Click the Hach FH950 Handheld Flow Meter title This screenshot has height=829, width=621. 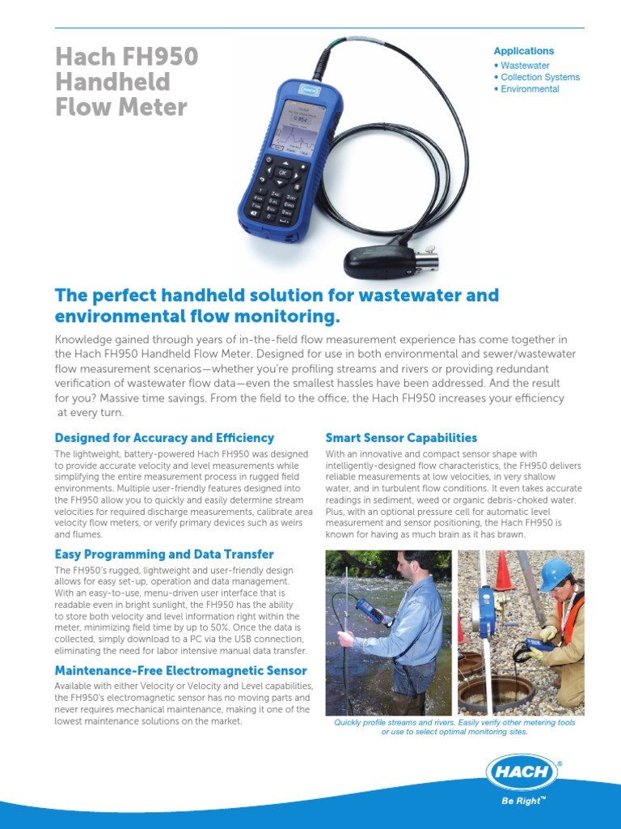pyautogui.click(x=126, y=82)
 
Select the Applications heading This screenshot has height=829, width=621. pyautogui.click(x=524, y=51)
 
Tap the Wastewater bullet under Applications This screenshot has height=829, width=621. pyautogui.click(x=525, y=65)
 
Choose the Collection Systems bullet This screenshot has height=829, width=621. pyautogui.click(x=539, y=77)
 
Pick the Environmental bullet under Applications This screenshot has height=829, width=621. pyautogui.click(x=530, y=89)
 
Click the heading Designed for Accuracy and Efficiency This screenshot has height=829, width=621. pyautogui.click(x=164, y=438)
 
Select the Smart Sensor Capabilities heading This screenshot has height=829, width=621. pyautogui.click(x=401, y=438)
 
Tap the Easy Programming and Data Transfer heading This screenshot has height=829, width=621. pyautogui.click(x=164, y=555)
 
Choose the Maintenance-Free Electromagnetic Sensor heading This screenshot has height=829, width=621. pyautogui.click(x=180, y=670)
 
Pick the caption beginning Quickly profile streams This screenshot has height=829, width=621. pyautogui.click(x=454, y=727)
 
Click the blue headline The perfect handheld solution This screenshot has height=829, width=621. pyautogui.click(x=276, y=305)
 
